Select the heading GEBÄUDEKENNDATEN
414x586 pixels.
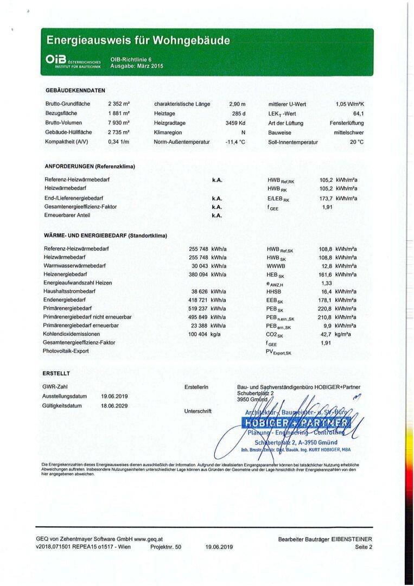pos(75,91)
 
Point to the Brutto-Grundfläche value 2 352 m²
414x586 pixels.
pos(118,104)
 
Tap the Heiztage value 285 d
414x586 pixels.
pos(239,113)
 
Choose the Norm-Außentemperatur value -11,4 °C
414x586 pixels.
pos(235,142)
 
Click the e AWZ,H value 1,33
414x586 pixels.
pos(327,283)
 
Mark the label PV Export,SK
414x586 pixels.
pos(278,353)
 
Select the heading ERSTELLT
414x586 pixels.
pos(56,373)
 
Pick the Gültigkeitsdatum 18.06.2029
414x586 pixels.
pos(114,406)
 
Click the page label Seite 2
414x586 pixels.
pos(364,547)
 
